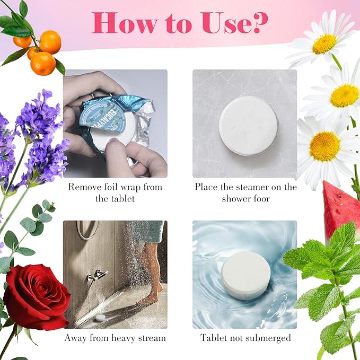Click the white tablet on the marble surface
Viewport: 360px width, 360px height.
[248, 126]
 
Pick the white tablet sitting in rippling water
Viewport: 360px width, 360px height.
[245, 276]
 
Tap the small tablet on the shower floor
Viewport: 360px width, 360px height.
[99, 318]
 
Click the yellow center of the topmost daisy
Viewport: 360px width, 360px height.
[324, 45]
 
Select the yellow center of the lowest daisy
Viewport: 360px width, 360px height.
[324, 146]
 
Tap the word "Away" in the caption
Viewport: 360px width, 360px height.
[76, 338]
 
